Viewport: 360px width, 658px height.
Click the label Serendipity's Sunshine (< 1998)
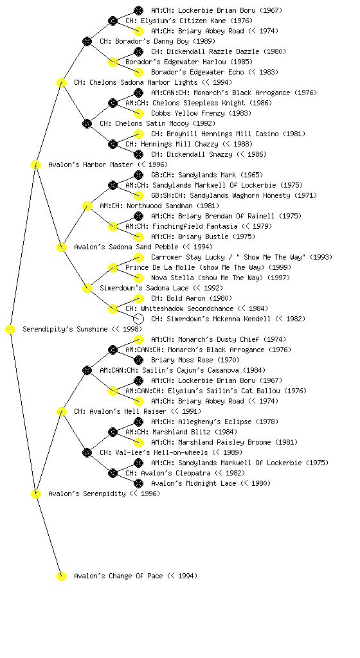82,330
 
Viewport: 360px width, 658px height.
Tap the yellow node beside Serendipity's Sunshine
10,330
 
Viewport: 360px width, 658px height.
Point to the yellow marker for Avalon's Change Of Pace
61,576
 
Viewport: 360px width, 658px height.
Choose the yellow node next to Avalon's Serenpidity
35,494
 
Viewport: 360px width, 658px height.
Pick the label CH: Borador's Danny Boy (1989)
157,42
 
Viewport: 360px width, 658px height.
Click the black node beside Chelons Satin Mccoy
87,124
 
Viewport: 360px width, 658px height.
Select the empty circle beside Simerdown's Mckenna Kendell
138,319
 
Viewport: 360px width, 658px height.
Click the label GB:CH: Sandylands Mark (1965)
207,175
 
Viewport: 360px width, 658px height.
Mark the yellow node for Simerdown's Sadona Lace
87,289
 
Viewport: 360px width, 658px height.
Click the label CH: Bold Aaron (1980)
192,298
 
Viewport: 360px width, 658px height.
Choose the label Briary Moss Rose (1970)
195,360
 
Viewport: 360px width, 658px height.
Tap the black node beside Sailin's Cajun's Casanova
87,371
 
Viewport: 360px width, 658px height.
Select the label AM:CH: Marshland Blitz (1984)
181,432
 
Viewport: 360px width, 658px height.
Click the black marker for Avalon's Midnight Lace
138,483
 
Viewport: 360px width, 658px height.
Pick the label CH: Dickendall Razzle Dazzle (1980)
219,51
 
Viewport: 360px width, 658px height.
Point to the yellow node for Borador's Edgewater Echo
138,72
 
